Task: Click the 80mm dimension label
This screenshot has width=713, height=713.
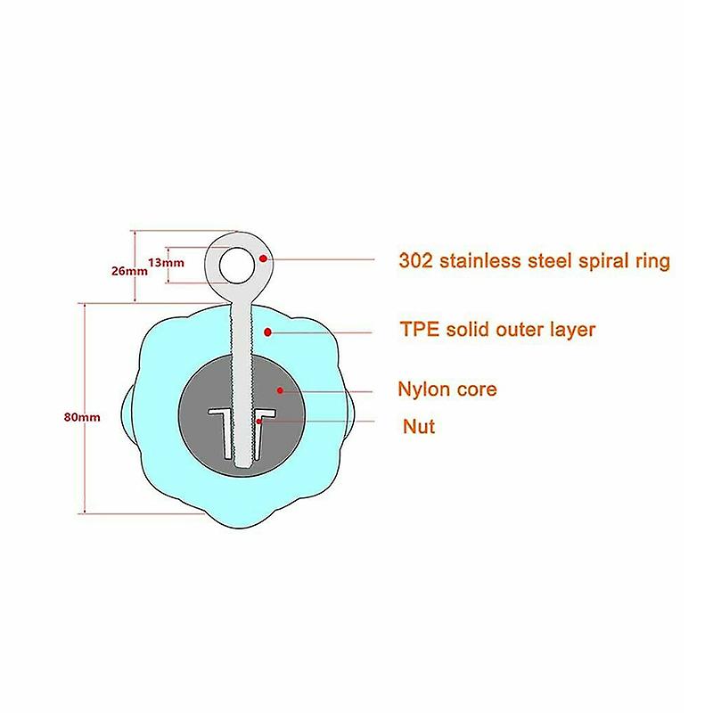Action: point(82,417)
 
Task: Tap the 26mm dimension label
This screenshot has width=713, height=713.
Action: point(129,271)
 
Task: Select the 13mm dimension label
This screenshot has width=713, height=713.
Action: point(166,262)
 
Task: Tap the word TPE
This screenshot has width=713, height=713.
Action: point(420,329)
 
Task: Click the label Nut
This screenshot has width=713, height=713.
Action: point(419,427)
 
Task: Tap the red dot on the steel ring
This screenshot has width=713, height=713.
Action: point(262,258)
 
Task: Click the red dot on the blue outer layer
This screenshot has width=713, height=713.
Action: point(268,332)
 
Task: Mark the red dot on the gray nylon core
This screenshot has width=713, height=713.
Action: point(280,390)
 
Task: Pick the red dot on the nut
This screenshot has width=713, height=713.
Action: point(258,422)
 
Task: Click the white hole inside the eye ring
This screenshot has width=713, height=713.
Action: point(236,265)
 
